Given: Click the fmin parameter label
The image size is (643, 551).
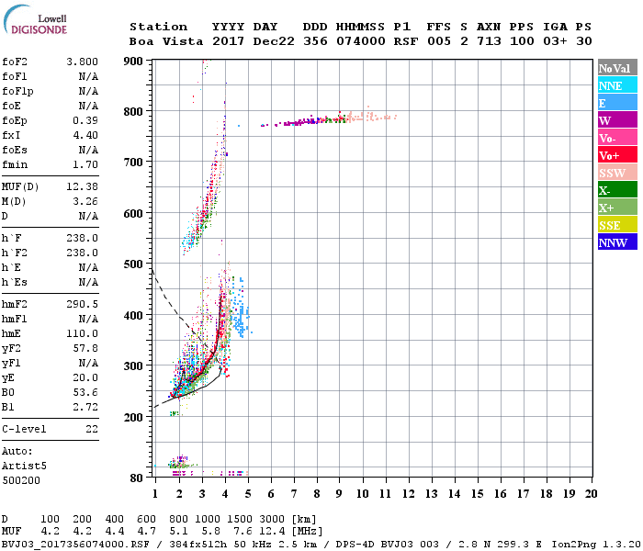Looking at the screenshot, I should [15, 165].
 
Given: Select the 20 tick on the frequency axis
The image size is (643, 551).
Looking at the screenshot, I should [591, 494].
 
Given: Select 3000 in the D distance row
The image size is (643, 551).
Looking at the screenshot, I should [270, 520].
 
